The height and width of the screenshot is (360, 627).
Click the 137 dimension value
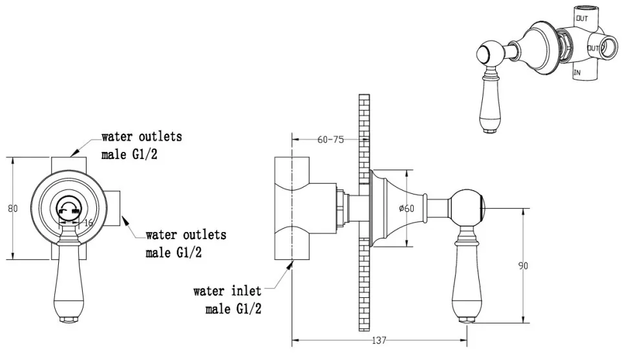pos(379,341)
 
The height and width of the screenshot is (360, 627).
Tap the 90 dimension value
pos(523,266)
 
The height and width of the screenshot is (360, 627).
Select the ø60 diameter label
pos(407,208)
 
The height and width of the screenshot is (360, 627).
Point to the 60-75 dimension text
pos(330,140)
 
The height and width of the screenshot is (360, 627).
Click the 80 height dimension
pos(13,208)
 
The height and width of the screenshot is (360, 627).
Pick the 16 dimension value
pos(89,222)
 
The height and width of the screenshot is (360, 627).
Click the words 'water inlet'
pos(227,291)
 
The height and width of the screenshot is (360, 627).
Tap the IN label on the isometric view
pos(577,73)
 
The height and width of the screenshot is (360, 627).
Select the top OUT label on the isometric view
pos(582,18)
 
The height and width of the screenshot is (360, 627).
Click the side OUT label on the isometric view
pos(593,48)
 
